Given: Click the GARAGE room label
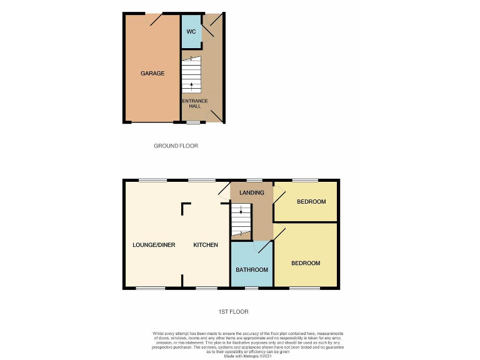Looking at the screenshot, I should (152, 73).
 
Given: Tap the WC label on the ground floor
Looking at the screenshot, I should (191, 31).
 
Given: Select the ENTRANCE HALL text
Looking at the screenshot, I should (194, 103).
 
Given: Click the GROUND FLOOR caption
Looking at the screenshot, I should (176, 146).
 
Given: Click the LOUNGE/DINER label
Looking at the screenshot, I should (154, 245).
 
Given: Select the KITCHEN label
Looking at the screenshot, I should (205, 245).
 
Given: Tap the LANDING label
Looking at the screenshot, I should (251, 192).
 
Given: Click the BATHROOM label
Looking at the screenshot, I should (251, 270).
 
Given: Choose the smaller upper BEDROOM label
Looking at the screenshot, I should (311, 201).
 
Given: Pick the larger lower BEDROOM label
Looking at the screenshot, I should (306, 263).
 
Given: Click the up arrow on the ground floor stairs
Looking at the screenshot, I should (191, 84).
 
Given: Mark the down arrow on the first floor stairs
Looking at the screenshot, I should (241, 212).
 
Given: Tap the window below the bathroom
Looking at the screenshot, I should (251, 288).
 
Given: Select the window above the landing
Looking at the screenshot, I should (254, 181).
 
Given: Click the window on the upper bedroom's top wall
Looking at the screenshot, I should (305, 181).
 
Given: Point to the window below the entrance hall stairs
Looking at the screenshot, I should (193, 122).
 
